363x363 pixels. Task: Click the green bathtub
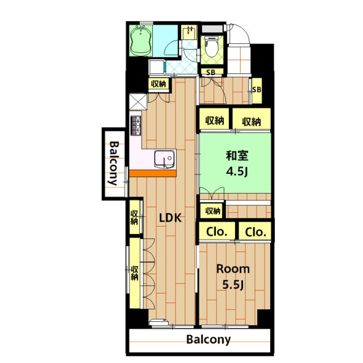coord(140,40)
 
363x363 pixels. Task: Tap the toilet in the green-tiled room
coord(212,47)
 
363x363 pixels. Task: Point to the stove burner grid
coord(136,126)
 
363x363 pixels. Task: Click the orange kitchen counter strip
coord(153,173)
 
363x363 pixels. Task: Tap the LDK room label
coord(170,218)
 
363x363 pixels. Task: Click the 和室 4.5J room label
coord(237,163)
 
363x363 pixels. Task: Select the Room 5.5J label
coord(233,277)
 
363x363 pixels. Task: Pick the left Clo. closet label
coord(217,231)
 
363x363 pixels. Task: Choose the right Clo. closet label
coord(255,232)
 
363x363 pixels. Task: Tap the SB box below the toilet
coord(211,72)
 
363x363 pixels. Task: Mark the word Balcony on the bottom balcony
coord(209,340)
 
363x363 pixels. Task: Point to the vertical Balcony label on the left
coord(114,163)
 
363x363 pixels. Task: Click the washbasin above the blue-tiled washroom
coord(189,32)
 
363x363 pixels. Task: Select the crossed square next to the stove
coord(138,102)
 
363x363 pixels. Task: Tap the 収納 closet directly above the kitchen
coord(159,84)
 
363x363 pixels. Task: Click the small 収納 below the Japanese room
coord(212,211)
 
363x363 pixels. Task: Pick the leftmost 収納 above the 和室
coord(215,120)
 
